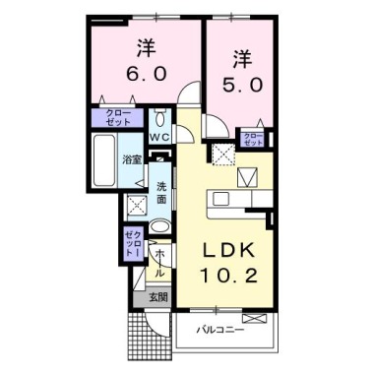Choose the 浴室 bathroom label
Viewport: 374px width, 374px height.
tap(131, 157)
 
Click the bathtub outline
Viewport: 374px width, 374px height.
tap(102, 157)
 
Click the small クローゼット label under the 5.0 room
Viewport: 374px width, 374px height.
tap(253, 137)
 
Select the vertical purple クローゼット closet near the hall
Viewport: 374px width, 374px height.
tap(134, 242)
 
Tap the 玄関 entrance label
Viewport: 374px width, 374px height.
tap(157, 295)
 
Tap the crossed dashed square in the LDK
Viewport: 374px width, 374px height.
tap(224, 154)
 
